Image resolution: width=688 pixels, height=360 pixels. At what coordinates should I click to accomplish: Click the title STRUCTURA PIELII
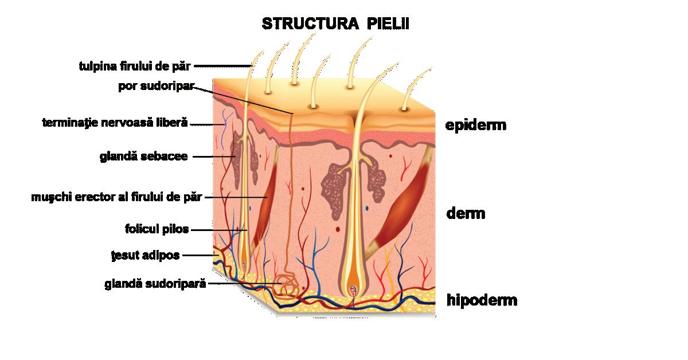pos(335,24)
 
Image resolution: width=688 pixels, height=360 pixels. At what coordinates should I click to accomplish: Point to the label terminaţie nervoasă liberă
pos(115,123)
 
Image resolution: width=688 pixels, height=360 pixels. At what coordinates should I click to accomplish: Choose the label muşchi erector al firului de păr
pos(117,197)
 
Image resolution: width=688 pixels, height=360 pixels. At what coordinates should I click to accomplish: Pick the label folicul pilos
pos(157,229)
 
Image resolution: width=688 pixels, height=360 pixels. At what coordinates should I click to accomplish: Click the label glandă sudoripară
pos(155,283)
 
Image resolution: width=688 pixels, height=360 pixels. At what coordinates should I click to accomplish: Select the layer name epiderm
pos(476,124)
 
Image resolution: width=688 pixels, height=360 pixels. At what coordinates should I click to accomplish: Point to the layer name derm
pos(466,214)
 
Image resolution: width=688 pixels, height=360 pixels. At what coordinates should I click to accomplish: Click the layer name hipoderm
pos(482,299)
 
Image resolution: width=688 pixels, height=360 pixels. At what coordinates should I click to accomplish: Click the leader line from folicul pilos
pos(218,230)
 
